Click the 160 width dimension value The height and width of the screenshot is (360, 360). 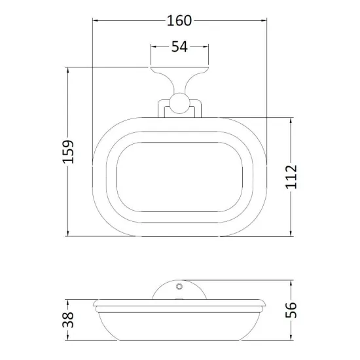tap(179, 21)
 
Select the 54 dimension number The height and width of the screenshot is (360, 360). tap(179, 46)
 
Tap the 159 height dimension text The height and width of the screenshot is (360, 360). tap(68, 152)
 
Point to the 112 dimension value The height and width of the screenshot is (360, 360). tap(291, 177)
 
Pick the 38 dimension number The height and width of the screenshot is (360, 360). tap(68, 319)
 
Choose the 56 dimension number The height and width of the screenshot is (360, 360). tap(291, 310)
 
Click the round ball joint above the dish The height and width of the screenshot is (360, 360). tap(179, 103)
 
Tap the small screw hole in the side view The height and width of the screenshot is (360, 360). tap(179, 287)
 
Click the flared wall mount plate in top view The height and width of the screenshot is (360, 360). tap(179, 78)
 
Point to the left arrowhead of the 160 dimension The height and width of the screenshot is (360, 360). tap(96, 21)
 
